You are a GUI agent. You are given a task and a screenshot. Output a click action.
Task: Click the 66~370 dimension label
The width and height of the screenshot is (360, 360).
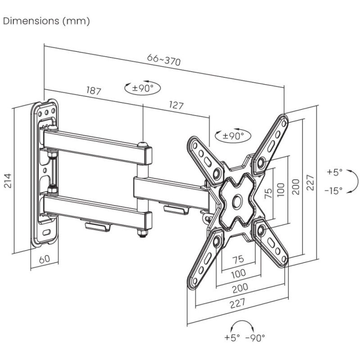pyautogui.click(x=164, y=60)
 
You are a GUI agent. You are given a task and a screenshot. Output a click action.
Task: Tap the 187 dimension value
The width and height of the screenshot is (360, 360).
pyautogui.click(x=94, y=90)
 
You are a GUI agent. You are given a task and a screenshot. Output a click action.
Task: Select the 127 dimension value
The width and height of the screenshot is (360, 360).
pyautogui.click(x=176, y=105)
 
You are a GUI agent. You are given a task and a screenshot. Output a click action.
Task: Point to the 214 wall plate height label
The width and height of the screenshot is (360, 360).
pyautogui.click(x=8, y=181)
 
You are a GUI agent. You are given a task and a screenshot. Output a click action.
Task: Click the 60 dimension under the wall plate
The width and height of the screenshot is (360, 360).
pyautogui.click(x=45, y=259)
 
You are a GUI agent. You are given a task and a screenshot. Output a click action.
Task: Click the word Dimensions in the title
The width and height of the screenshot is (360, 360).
pyautogui.click(x=31, y=21)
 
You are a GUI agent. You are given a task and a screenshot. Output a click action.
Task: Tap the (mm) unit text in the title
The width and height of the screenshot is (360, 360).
pyautogui.click(x=76, y=21)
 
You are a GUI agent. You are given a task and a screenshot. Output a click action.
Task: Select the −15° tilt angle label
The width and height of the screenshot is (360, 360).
pyautogui.click(x=333, y=190)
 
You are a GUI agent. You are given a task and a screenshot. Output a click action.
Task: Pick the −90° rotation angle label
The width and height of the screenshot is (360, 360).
pyautogui.click(x=255, y=337)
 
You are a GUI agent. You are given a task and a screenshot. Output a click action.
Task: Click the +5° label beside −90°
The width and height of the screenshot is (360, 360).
pyautogui.click(x=232, y=337)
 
